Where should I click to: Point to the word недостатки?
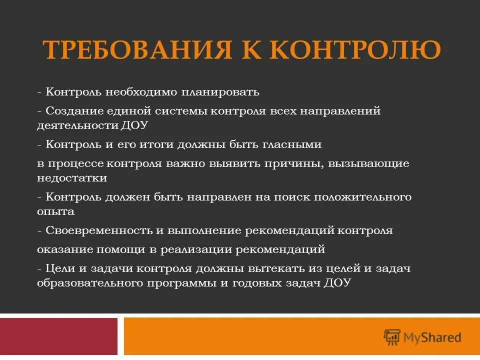pyautogui.click(x=71, y=177)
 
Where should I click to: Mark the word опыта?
pyautogui.click(x=55, y=211)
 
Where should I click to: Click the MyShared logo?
pyautogui.click(x=422, y=337)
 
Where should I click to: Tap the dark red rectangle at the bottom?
pyautogui.click(x=58, y=336)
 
